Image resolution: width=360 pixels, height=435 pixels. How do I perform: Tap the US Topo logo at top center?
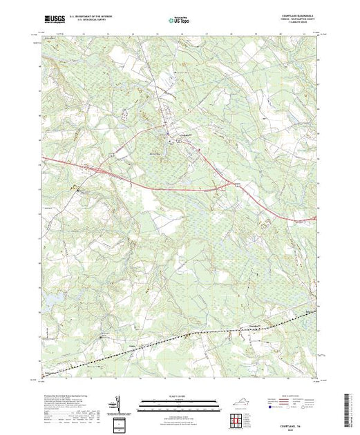coord(179,19)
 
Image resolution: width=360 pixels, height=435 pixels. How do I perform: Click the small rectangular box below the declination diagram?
coord(118,422)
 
